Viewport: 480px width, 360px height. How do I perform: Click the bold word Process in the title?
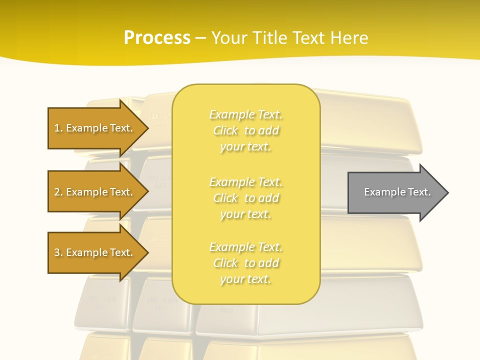coord(157,37)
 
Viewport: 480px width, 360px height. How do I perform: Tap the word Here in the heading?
coord(348,37)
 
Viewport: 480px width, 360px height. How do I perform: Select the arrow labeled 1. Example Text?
coord(93,128)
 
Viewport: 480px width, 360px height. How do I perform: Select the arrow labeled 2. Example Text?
coord(93,192)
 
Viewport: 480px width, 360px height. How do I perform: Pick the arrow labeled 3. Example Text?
coord(93,252)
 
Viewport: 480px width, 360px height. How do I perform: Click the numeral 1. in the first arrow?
coord(58,128)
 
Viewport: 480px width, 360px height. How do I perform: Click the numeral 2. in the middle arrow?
coord(58,192)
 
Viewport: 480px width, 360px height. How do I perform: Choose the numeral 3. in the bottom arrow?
coord(58,252)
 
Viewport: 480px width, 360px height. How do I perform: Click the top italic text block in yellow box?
coord(246,130)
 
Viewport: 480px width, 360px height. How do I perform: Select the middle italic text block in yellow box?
coord(246,198)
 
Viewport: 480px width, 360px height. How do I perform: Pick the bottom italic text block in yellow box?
coord(246,263)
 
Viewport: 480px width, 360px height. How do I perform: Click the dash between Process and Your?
coord(200,38)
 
